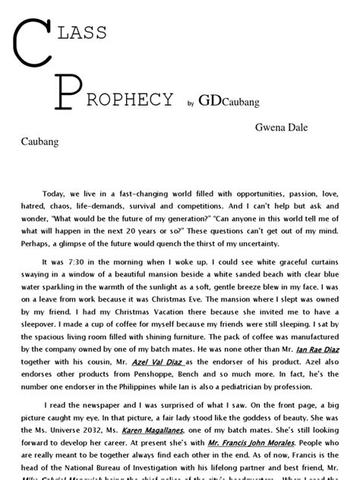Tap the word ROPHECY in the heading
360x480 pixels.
[130, 99]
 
